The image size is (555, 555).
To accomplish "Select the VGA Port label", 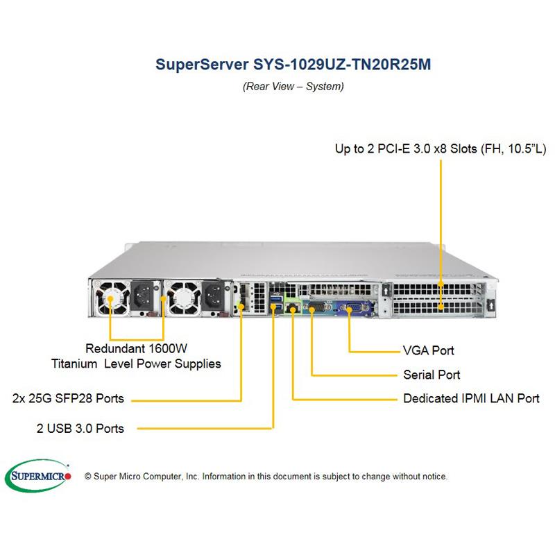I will tap(429, 350).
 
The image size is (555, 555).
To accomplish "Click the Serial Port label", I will tap(432, 375).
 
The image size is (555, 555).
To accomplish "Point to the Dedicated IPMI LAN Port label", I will tap(471, 399).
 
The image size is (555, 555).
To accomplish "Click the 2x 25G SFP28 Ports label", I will tap(68, 398).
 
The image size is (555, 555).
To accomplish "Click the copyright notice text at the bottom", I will tap(266, 477).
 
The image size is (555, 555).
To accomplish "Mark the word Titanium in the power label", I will tap(76, 364).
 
